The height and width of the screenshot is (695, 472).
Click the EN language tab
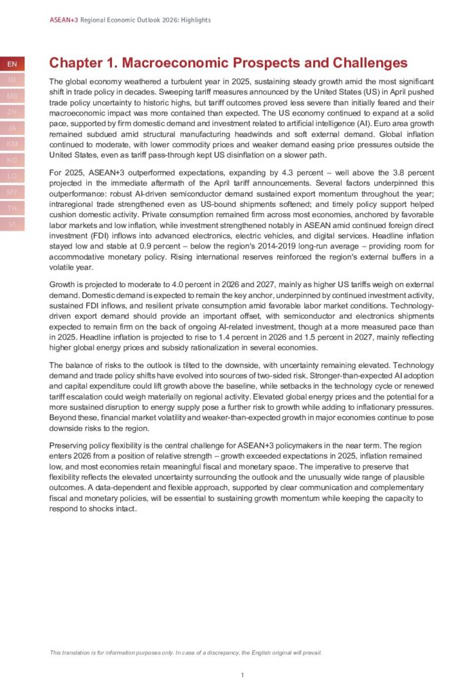12,64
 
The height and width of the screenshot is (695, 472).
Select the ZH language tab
12,112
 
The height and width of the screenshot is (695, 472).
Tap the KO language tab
12,160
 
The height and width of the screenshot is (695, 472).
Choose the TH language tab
12,208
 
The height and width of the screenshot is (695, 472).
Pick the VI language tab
12,224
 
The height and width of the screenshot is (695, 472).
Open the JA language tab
12,128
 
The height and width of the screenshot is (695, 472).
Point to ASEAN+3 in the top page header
64,20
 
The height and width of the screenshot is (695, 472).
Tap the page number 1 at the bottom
242,675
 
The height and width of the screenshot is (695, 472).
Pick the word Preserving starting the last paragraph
69,445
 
